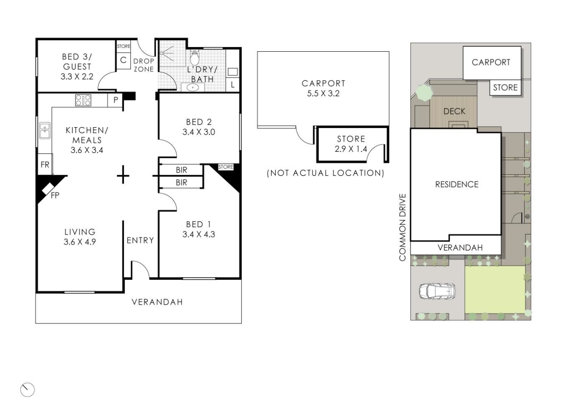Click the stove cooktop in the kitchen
coord(83,100)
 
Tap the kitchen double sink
coord(45,130)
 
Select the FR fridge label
coord(45,165)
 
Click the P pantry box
coord(115,100)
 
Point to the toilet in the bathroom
coord(195,58)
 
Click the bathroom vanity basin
coord(193,88)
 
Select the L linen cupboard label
coord(233,85)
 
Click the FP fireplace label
coord(55,195)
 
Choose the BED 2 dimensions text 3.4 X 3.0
coord(199,132)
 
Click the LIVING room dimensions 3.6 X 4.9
coord(80,242)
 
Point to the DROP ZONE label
coord(144,65)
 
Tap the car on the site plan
coord(437,291)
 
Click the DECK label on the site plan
coord(454,111)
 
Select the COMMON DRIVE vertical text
coord(403,227)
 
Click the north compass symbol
coord(28,390)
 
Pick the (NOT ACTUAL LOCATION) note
coord(326,173)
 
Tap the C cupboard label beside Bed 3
coord(124,60)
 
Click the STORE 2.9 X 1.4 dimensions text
coord(351,149)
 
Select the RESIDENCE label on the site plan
coord(457,184)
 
